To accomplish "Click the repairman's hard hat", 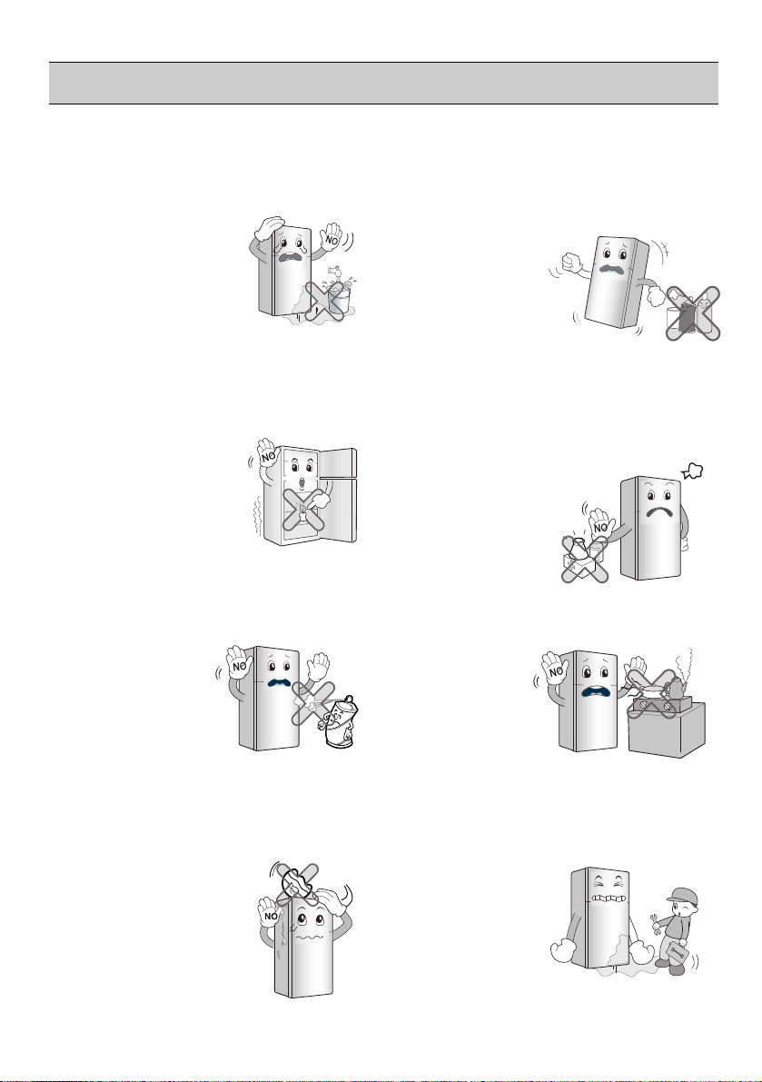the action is click(682, 897).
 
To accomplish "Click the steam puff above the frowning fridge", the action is click(692, 472).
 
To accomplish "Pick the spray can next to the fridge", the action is click(341, 721).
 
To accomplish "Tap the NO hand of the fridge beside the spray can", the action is click(239, 663).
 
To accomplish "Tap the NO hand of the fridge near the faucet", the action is click(333, 239).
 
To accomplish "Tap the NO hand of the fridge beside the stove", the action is click(554, 668).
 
